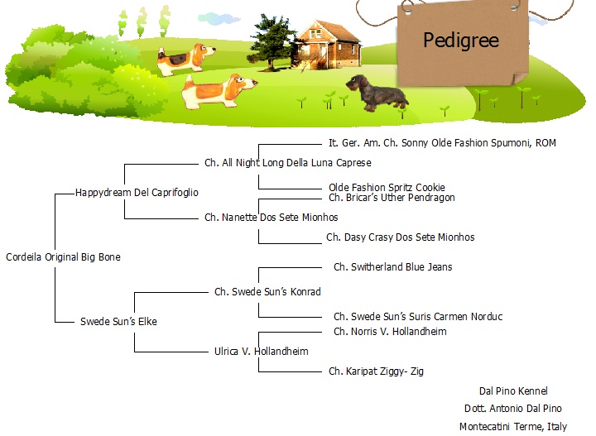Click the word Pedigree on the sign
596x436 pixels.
[x=461, y=41]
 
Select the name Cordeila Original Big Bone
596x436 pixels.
[x=63, y=257]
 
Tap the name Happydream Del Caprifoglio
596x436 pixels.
[x=137, y=193]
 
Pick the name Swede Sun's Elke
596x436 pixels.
[x=118, y=321]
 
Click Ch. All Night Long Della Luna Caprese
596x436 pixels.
[x=288, y=163]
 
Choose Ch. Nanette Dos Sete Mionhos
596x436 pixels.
[x=271, y=218]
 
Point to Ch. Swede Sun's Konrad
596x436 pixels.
[x=267, y=292]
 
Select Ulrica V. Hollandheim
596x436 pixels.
[x=261, y=352]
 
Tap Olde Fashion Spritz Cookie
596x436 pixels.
[x=387, y=187]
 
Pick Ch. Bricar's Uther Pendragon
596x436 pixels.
[x=392, y=198]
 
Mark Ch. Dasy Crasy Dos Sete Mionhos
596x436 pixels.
[x=401, y=237]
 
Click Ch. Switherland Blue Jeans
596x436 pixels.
[x=393, y=267]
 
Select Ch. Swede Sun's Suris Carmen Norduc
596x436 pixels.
[x=418, y=317]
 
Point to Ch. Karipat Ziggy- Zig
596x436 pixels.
[x=376, y=371]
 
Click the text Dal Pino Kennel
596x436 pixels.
[x=513, y=391]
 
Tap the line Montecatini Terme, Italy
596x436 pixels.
[x=513, y=427]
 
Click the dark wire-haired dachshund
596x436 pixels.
[x=377, y=93]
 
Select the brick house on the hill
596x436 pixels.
[x=329, y=45]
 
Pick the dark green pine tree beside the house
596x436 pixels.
[x=271, y=42]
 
